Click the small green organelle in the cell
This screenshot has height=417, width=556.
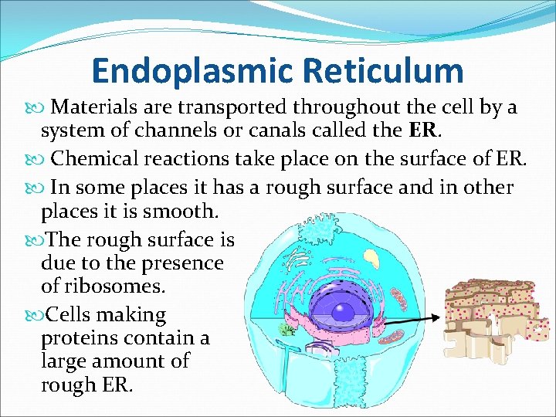[286, 330]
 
